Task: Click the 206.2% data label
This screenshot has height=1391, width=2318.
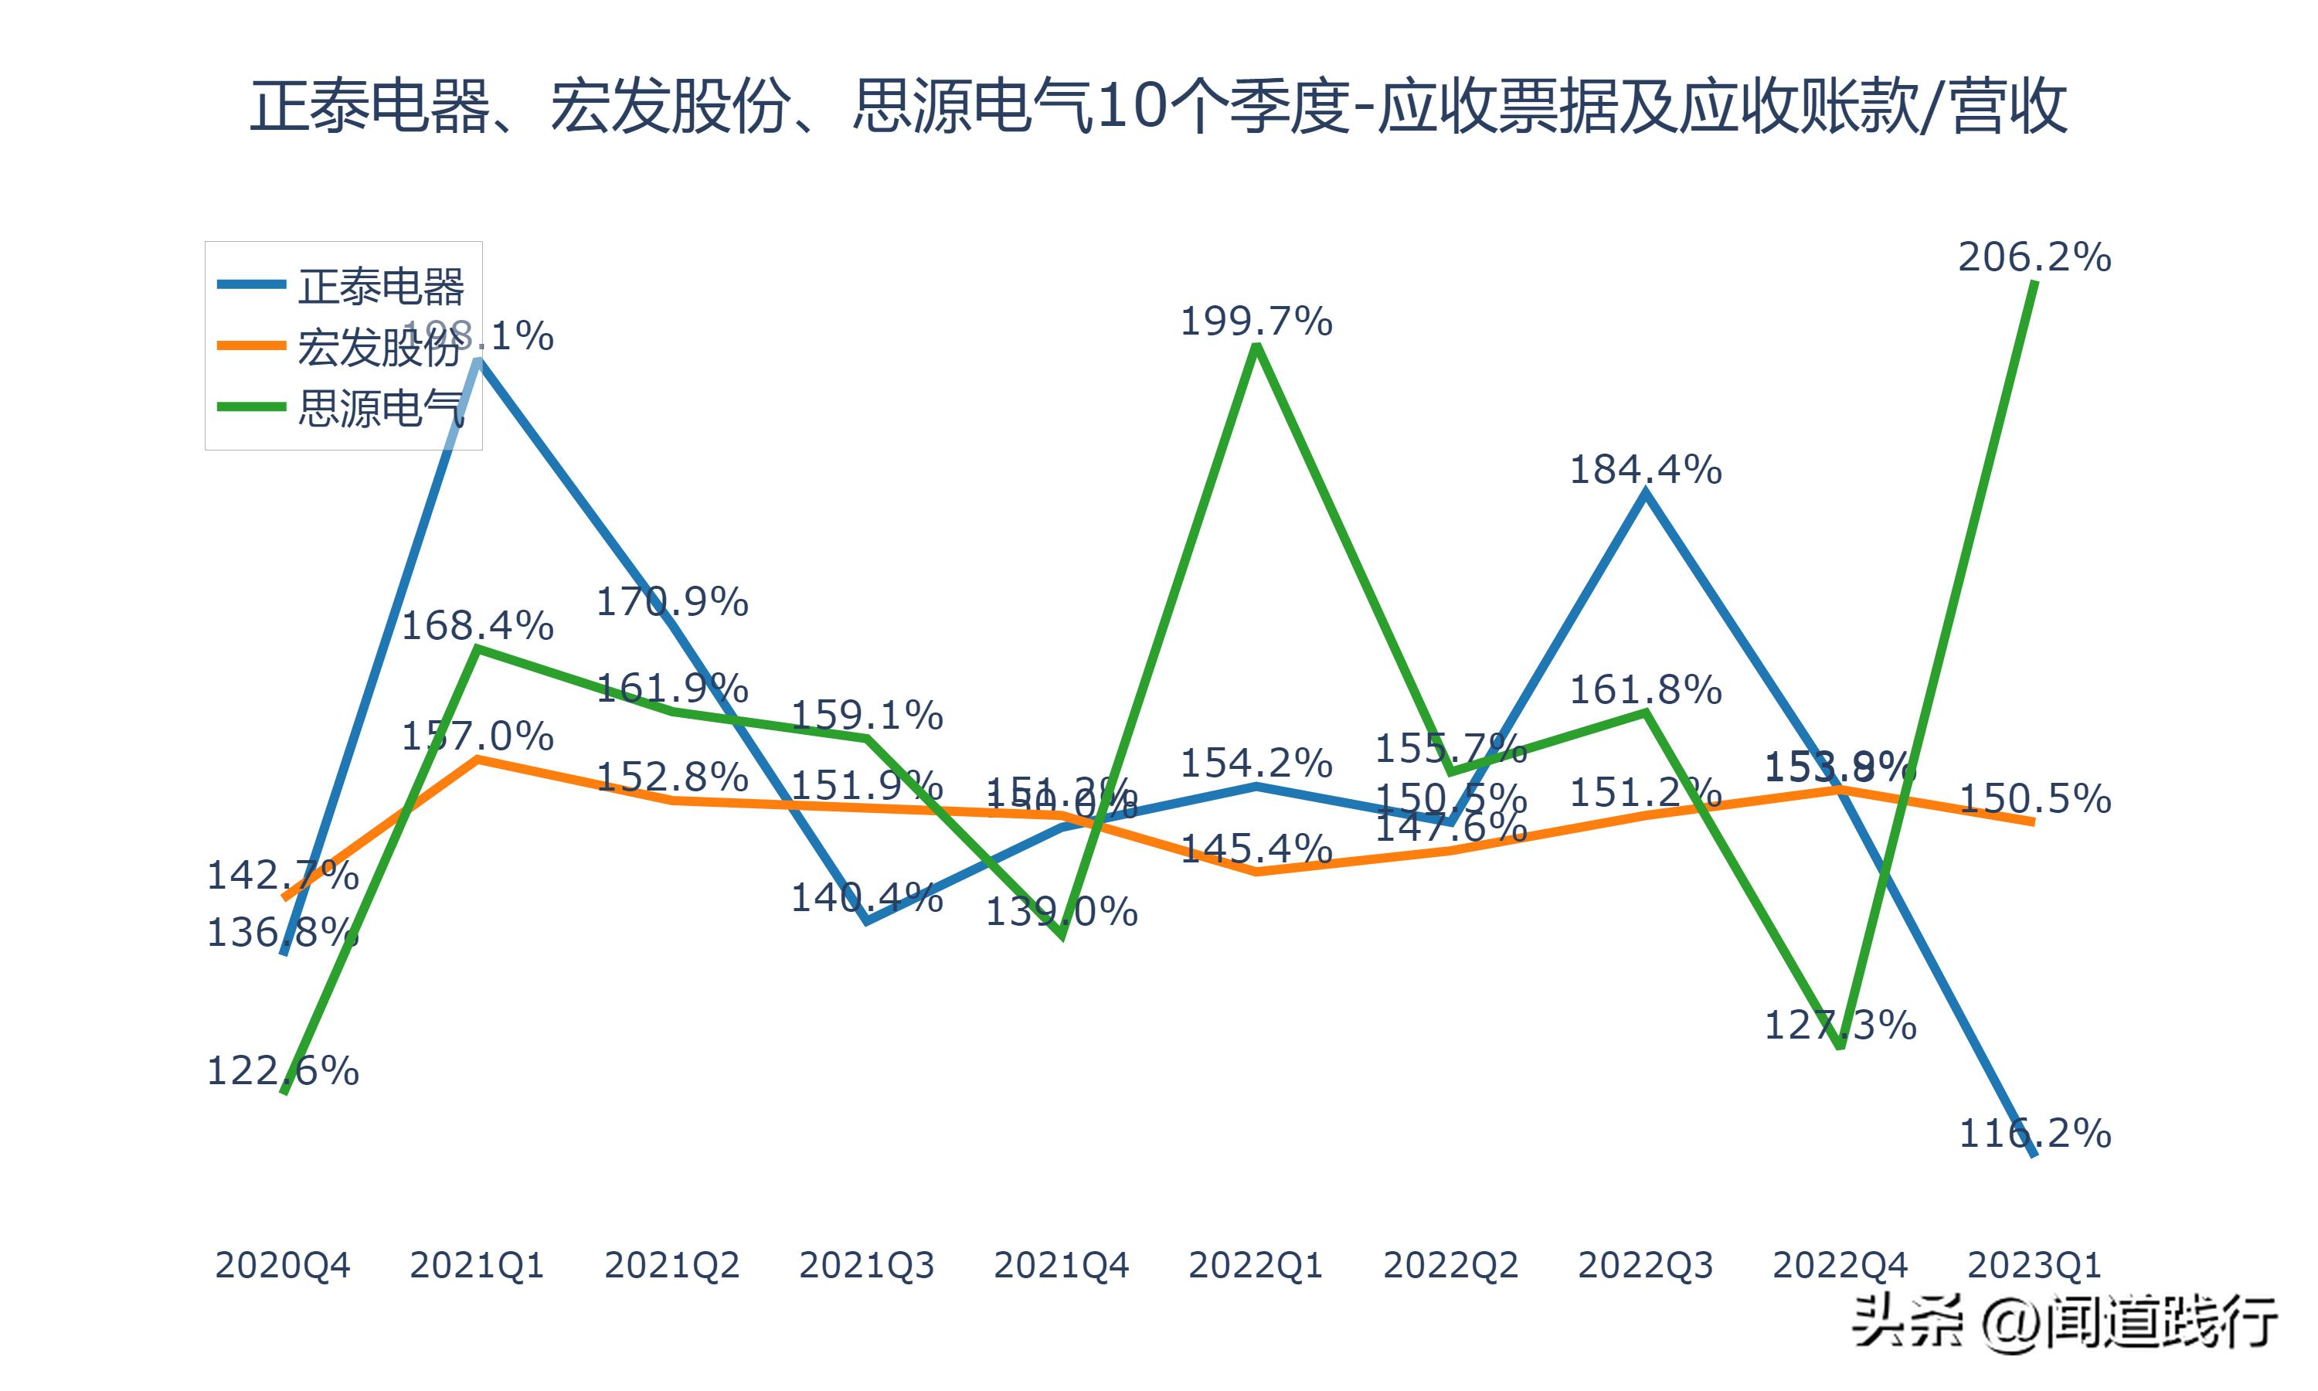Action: point(2034,257)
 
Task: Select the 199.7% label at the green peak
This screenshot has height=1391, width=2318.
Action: point(1256,321)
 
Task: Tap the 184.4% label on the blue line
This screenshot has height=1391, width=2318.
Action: point(1645,468)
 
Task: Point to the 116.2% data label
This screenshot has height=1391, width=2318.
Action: point(2034,1133)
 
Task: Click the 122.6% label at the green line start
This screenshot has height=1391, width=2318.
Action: point(282,1070)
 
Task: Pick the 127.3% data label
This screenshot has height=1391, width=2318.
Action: point(1840,1025)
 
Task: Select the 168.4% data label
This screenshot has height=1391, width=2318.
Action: point(477,625)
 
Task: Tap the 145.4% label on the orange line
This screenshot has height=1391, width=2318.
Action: point(1256,849)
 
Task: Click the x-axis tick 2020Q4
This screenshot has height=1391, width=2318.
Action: point(282,1265)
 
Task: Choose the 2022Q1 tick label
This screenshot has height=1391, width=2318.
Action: point(1256,1265)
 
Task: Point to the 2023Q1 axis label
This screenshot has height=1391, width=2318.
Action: point(2034,1265)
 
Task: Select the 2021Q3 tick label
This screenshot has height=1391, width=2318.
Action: point(867,1265)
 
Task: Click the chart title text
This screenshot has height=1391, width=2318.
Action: point(1158,106)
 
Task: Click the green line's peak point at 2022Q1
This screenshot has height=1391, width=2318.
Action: point(1256,347)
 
